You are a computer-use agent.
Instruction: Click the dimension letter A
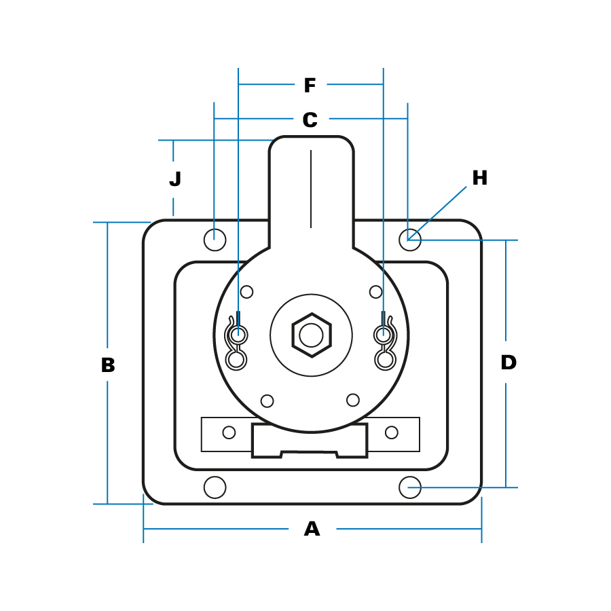click(312, 529)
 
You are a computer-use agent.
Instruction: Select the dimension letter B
click(108, 365)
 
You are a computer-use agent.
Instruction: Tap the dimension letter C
click(310, 119)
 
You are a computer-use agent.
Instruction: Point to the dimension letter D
click(508, 363)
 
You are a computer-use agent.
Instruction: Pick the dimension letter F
click(310, 86)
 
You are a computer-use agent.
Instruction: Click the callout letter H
click(480, 178)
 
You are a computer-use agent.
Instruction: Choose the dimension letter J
click(175, 179)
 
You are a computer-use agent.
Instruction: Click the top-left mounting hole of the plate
click(215, 240)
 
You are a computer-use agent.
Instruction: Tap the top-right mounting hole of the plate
click(410, 240)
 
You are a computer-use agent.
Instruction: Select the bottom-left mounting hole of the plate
click(215, 487)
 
